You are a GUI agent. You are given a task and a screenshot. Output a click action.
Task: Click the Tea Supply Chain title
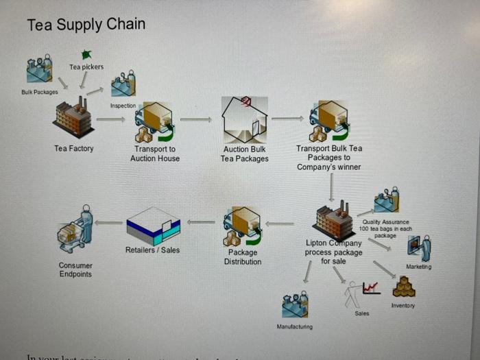(86, 25)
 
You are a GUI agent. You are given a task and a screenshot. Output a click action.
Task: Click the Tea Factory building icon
(73, 119)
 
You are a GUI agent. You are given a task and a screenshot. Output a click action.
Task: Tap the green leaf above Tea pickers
(86, 54)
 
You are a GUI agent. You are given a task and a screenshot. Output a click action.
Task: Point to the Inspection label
(123, 106)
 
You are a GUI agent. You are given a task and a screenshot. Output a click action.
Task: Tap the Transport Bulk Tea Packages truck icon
(328, 121)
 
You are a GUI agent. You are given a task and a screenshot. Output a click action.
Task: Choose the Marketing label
(418, 267)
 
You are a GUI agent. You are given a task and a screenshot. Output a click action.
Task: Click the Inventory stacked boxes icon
(404, 287)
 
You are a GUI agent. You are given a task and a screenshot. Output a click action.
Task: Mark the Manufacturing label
(294, 326)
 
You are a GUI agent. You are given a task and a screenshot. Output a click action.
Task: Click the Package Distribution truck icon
(242, 227)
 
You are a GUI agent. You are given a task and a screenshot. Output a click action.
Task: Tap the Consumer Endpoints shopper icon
(75, 229)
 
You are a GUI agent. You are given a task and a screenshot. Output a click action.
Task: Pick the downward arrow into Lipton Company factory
(331, 187)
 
